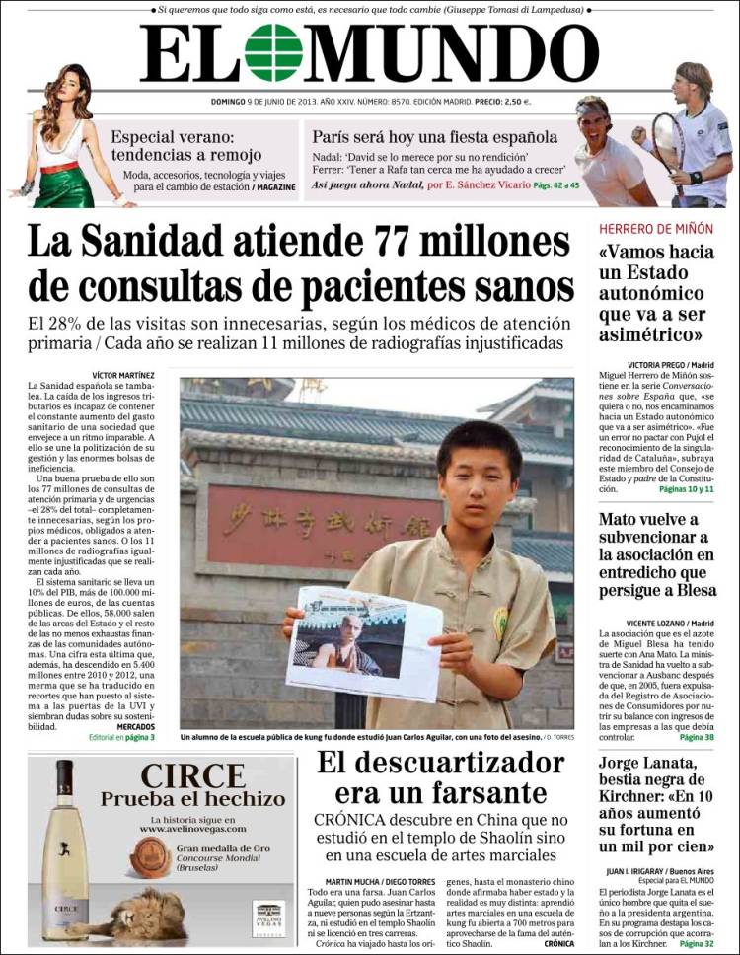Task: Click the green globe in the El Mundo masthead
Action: click(273, 52)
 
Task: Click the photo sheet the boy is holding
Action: click(362, 642)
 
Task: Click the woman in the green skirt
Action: click(66, 138)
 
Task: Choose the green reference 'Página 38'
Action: click(697, 737)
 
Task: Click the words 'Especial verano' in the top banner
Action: click(172, 137)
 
